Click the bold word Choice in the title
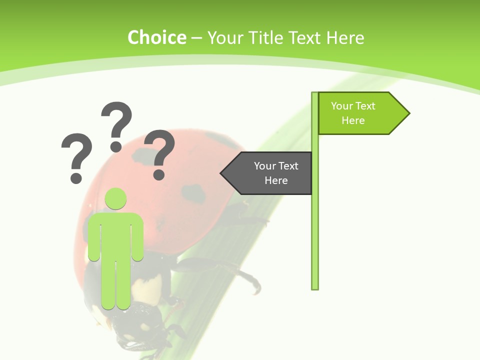pyautogui.click(x=156, y=37)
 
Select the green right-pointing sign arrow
pyautogui.click(x=360, y=113)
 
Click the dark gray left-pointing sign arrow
pyautogui.click(x=270, y=173)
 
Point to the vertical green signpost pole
pyautogui.click(x=314, y=225)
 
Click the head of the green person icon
pyautogui.click(x=115, y=198)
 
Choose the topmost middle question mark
pyautogui.click(x=116, y=125)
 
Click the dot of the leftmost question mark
pyautogui.click(x=76, y=177)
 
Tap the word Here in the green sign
pyautogui.click(x=353, y=120)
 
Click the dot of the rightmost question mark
pyautogui.click(x=159, y=174)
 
